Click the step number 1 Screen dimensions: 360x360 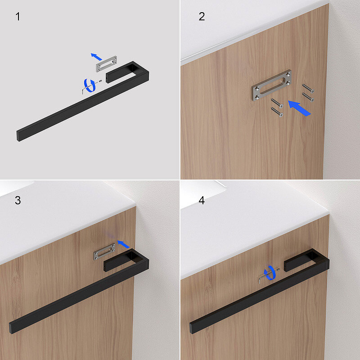click(18, 17)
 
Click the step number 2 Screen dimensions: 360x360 click(202, 17)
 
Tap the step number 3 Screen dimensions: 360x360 click(18, 200)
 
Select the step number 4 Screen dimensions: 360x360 click(202, 200)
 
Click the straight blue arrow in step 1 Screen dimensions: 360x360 click(96, 57)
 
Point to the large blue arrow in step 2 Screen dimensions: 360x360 click(299, 108)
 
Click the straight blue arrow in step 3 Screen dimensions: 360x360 click(123, 244)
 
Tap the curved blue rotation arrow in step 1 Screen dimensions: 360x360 click(90, 85)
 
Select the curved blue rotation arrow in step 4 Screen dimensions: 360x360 click(270, 273)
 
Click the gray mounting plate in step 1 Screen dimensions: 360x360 click(106, 64)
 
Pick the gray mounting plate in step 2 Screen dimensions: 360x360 click(271, 85)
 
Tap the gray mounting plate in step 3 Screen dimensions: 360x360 click(104, 252)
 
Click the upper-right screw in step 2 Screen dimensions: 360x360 click(308, 88)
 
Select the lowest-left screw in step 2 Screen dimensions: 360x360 click(277, 112)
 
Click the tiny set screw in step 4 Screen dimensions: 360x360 click(278, 269)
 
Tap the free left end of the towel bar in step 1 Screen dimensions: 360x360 click(18, 136)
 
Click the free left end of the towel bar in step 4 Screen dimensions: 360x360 click(191, 328)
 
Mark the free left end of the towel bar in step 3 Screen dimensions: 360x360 click(11, 328)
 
